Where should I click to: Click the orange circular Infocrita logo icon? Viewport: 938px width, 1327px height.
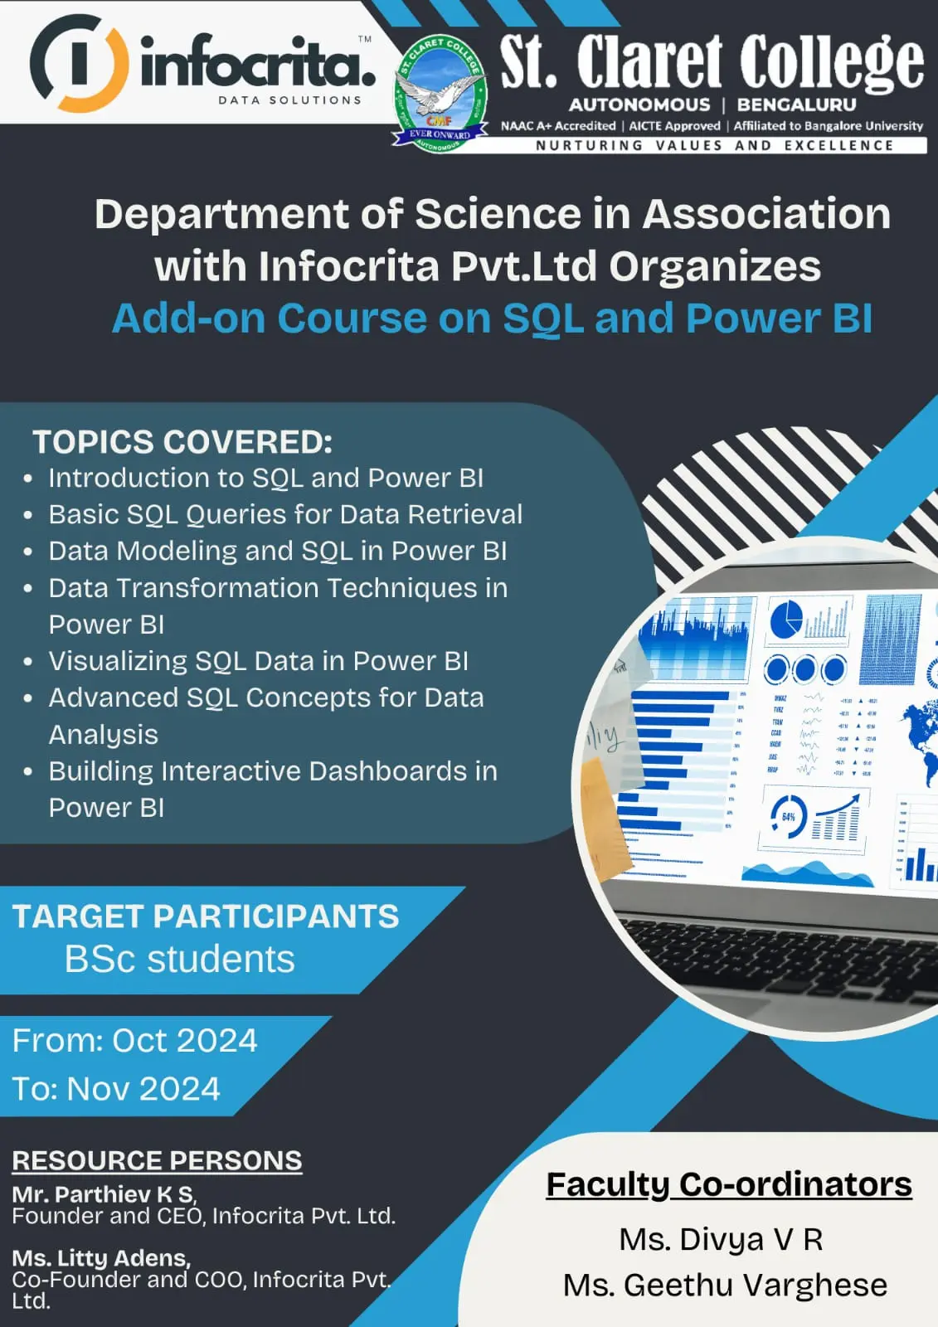80,63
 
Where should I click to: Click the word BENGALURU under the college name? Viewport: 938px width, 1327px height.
796,105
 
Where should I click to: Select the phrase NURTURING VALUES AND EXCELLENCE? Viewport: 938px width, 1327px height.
715,146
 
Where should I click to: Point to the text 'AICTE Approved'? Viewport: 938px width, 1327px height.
674,125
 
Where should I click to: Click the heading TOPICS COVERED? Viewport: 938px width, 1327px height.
182,442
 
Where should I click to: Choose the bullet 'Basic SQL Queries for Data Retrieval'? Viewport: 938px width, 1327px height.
285,514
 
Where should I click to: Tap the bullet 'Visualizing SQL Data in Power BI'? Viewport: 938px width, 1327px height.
259,661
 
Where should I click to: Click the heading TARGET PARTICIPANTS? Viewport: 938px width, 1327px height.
205,916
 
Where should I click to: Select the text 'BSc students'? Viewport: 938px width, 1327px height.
179,959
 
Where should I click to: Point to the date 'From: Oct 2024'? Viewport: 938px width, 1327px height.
135,1040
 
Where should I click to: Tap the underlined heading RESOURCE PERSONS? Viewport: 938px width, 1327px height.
157,1160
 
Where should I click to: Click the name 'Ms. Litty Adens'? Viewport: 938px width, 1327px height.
101,1257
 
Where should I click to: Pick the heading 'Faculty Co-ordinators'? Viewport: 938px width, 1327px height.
729,1185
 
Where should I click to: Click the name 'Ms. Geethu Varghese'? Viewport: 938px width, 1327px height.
726,1286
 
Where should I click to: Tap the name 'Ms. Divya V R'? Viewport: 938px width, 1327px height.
722,1239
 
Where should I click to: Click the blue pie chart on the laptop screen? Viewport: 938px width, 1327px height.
786,619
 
